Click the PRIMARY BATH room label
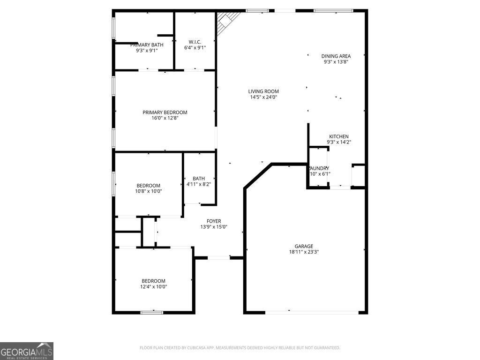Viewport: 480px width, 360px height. pos(147,45)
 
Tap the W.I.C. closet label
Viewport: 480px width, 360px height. pos(195,42)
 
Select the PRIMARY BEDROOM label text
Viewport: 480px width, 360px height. pos(165,112)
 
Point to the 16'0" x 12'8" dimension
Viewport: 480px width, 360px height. pos(165,118)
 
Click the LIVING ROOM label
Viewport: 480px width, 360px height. pos(263,91)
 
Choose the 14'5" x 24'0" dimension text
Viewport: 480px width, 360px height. pos(263,97)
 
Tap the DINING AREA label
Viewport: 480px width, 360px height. pos(336,56)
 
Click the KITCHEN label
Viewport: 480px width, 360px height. pos(338,136)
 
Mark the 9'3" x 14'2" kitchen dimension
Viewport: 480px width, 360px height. pos(338,142)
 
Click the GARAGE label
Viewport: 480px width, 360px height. pos(304,246)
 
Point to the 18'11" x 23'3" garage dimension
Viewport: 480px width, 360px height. pos(304,252)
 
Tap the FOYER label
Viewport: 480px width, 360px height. pos(214,221)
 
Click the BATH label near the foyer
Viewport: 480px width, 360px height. pos(199,179)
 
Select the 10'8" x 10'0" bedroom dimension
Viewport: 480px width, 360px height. pos(149,191)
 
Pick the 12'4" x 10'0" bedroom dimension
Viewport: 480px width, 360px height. pos(154,286)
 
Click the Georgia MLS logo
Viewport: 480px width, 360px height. pos(27,351)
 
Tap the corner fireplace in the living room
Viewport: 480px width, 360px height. pos(227,21)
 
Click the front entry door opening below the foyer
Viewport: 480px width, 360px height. pos(219,257)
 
